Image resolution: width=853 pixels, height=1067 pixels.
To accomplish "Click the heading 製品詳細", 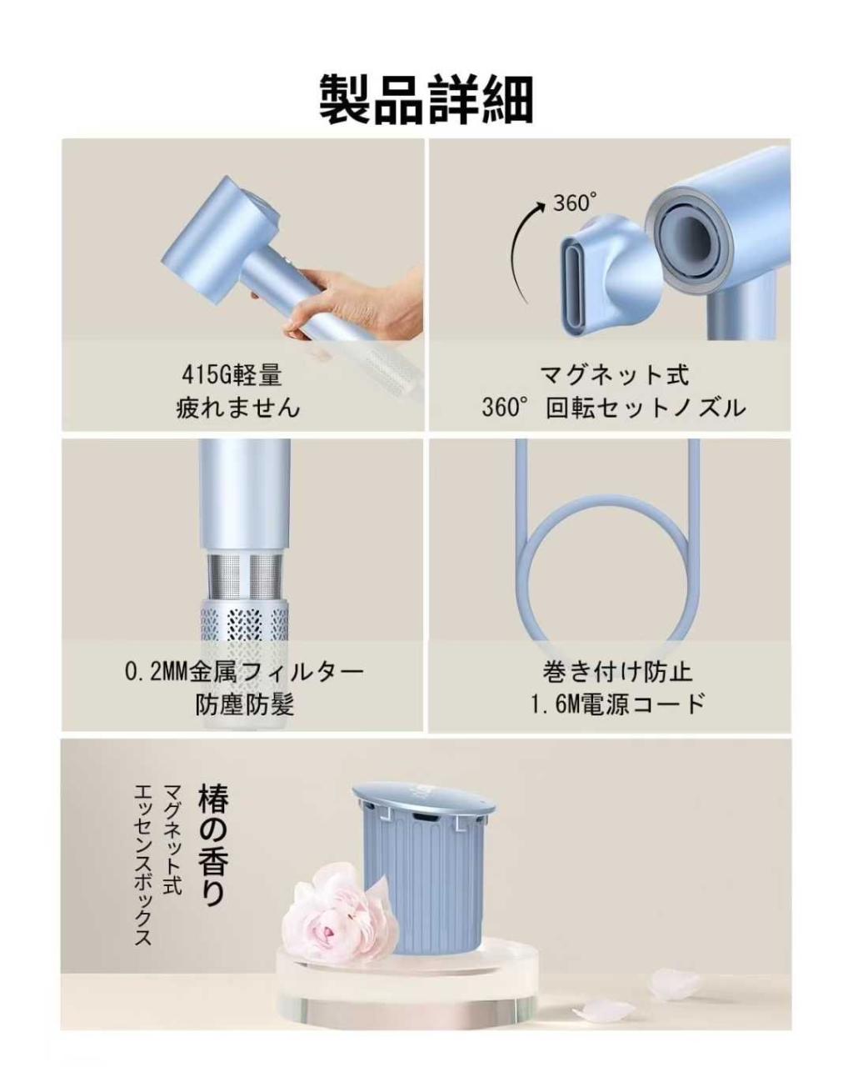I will pyautogui.click(x=426, y=99).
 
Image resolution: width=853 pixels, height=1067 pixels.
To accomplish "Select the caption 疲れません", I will pyautogui.click(x=238, y=408).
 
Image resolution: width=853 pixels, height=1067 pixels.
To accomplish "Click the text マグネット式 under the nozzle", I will pyautogui.click(x=615, y=374).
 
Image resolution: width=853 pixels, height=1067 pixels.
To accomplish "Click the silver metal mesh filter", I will pyautogui.click(x=244, y=574).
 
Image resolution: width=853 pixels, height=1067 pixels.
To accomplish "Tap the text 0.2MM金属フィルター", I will pyautogui.click(x=244, y=671).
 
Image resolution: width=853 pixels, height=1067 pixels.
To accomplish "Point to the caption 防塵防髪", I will pyautogui.click(x=244, y=704).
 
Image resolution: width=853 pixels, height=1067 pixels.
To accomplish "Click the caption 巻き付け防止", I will pyautogui.click(x=617, y=671).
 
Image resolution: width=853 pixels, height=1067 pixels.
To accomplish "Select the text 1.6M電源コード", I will pyautogui.click(x=617, y=704).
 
